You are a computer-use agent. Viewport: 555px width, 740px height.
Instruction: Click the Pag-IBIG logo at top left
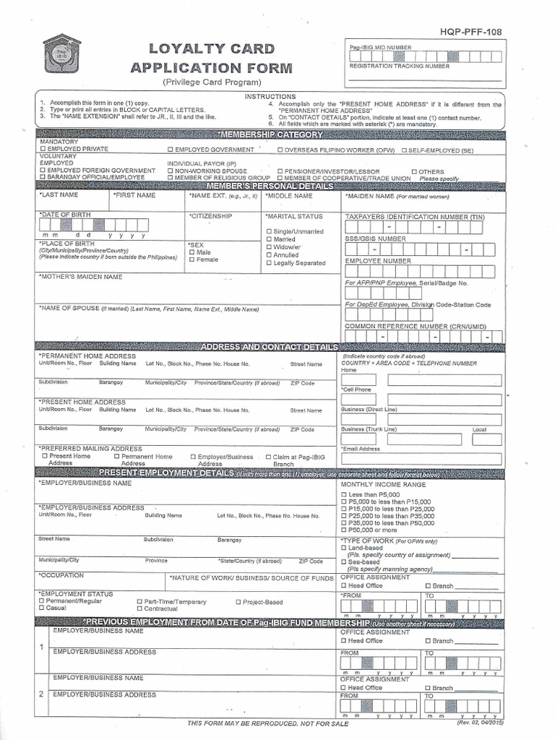coord(63,55)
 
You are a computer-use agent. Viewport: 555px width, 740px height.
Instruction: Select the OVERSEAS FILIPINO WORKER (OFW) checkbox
coord(280,150)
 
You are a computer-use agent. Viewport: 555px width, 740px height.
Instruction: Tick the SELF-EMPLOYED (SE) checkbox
coord(403,150)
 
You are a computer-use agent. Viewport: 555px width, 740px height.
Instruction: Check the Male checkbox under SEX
coord(192,252)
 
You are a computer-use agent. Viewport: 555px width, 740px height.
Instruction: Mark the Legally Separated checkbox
coord(269,263)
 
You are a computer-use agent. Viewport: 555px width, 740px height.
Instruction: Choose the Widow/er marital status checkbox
coord(269,247)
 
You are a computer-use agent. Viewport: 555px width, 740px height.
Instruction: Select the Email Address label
coord(361,449)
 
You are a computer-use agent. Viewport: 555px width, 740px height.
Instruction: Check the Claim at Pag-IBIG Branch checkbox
coord(268,457)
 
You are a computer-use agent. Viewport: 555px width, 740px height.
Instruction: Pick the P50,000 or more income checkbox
coord(344,530)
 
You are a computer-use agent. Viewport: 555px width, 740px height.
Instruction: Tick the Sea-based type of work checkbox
coord(344,561)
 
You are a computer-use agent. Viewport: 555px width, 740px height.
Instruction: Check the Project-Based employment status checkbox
coord(238,601)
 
